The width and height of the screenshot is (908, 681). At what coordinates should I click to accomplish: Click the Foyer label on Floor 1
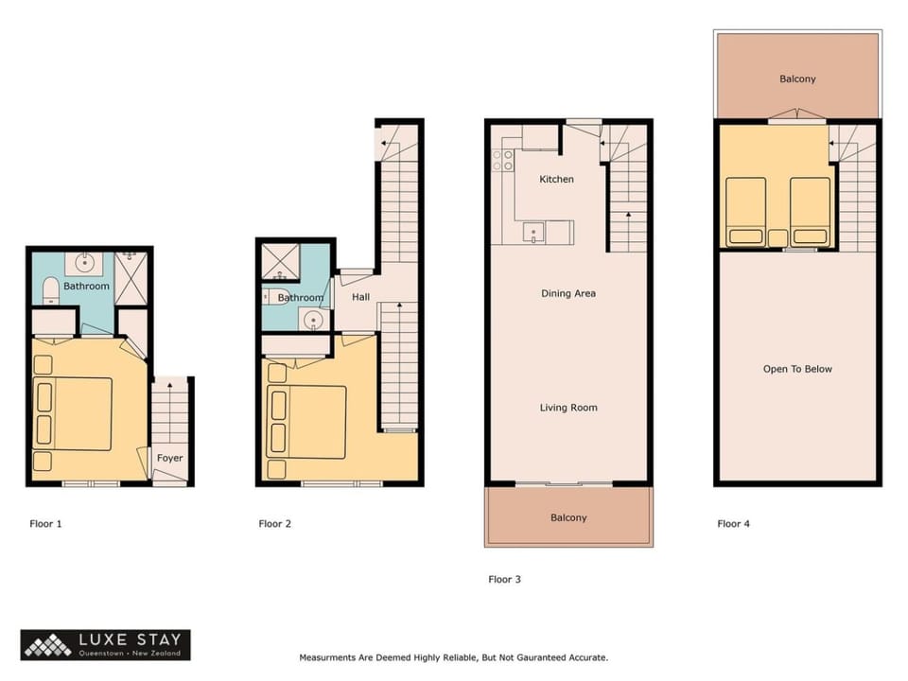[x=169, y=458]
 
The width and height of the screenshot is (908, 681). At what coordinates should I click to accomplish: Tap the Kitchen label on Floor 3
[x=556, y=180]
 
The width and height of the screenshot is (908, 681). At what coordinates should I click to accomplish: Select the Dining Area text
[x=568, y=293]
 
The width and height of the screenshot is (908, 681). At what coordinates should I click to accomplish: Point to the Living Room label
[x=568, y=408]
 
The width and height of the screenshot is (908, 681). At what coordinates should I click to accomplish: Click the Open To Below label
[x=797, y=369]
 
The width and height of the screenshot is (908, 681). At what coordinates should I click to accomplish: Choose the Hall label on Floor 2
[x=360, y=297]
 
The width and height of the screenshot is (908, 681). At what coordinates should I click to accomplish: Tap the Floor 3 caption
[x=504, y=579]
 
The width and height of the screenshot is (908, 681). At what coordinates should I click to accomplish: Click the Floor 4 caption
[x=733, y=523]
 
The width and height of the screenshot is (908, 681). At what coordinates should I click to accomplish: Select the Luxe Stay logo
[x=105, y=645]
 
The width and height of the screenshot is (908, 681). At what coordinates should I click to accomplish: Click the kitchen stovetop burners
[x=502, y=161]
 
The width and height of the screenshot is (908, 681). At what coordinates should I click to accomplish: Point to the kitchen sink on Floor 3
[x=533, y=234]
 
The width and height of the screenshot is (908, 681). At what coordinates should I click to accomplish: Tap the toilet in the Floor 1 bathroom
[x=51, y=290]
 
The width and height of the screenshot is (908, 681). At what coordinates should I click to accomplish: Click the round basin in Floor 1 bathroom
[x=84, y=264]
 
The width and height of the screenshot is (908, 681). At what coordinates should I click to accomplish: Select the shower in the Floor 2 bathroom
[x=281, y=262]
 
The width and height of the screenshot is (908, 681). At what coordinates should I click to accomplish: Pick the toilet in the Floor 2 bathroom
[x=276, y=296]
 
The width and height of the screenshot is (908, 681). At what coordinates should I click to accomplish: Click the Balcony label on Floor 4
[x=797, y=79]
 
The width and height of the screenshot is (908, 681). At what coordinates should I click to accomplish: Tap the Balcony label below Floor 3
[x=568, y=517]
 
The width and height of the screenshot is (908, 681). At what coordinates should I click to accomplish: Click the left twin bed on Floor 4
[x=746, y=212]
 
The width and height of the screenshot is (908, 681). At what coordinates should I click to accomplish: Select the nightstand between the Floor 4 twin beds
[x=777, y=238]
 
